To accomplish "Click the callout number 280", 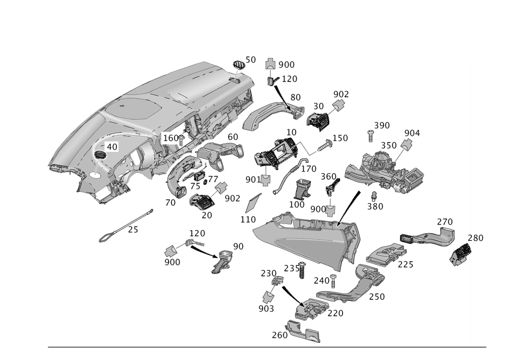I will click(x=475, y=238).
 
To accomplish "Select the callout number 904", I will click(x=412, y=133).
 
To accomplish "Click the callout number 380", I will click(x=376, y=207).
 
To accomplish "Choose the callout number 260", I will click(x=279, y=336).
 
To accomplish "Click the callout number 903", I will click(x=266, y=309).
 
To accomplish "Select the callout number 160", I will click(x=171, y=138).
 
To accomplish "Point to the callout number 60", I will click(x=233, y=137).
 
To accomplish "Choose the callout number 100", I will click(x=297, y=204).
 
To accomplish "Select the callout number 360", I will click(x=328, y=177).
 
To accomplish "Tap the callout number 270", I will click(x=445, y=222).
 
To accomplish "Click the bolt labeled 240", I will click(x=333, y=278).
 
